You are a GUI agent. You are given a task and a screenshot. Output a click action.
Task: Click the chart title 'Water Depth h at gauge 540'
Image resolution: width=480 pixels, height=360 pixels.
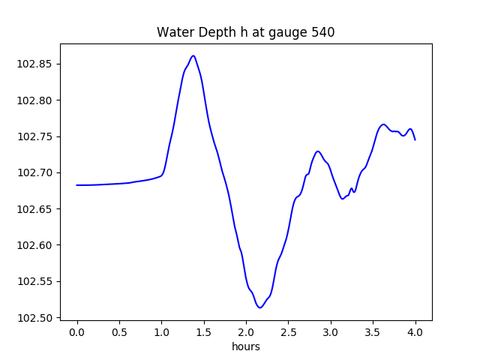(x=245, y=33)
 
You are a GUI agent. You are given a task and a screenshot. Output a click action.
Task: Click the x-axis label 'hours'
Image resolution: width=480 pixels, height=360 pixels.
(x=246, y=347)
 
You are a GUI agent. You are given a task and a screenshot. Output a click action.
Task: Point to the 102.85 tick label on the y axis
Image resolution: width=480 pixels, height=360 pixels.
(x=35, y=64)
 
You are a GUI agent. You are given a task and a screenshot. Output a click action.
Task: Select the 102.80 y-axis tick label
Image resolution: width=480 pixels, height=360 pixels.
(x=35, y=100)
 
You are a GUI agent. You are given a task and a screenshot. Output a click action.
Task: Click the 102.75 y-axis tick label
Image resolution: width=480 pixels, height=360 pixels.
(x=35, y=136)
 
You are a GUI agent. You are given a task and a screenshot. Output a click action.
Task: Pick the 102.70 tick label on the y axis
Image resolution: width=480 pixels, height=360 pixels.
(x=35, y=172)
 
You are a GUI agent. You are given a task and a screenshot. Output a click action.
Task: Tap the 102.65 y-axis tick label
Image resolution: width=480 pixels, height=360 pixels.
(x=35, y=209)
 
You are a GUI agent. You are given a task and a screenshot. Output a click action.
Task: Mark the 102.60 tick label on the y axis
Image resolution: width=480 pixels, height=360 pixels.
(x=35, y=245)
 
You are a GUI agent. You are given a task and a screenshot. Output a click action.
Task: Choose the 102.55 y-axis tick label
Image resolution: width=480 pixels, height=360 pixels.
(x=35, y=282)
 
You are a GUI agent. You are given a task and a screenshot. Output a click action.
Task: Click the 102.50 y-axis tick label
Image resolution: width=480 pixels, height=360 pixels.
(x=35, y=318)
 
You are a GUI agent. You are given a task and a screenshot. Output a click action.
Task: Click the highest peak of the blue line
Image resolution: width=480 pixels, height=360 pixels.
(x=193, y=55)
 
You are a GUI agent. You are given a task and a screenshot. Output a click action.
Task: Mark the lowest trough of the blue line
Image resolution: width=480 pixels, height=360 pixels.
(x=259, y=307)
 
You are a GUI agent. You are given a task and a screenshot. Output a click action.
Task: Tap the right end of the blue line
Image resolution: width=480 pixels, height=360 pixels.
(x=415, y=140)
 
